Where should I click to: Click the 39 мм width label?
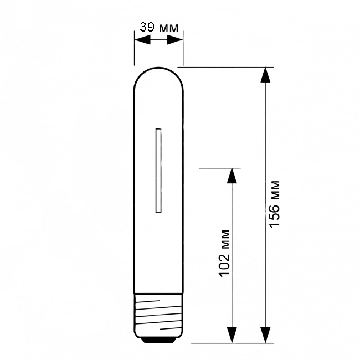(159, 28)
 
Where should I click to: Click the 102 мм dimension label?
(224, 253)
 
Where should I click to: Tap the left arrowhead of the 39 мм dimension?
(142, 40)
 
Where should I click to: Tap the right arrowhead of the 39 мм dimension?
(174, 40)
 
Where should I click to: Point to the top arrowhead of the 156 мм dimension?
(265, 75)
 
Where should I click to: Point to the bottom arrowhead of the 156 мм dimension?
(265, 336)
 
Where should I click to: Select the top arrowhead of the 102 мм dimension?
(232, 176)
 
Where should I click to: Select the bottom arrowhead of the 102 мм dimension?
(232, 336)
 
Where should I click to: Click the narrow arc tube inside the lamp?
(158, 171)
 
